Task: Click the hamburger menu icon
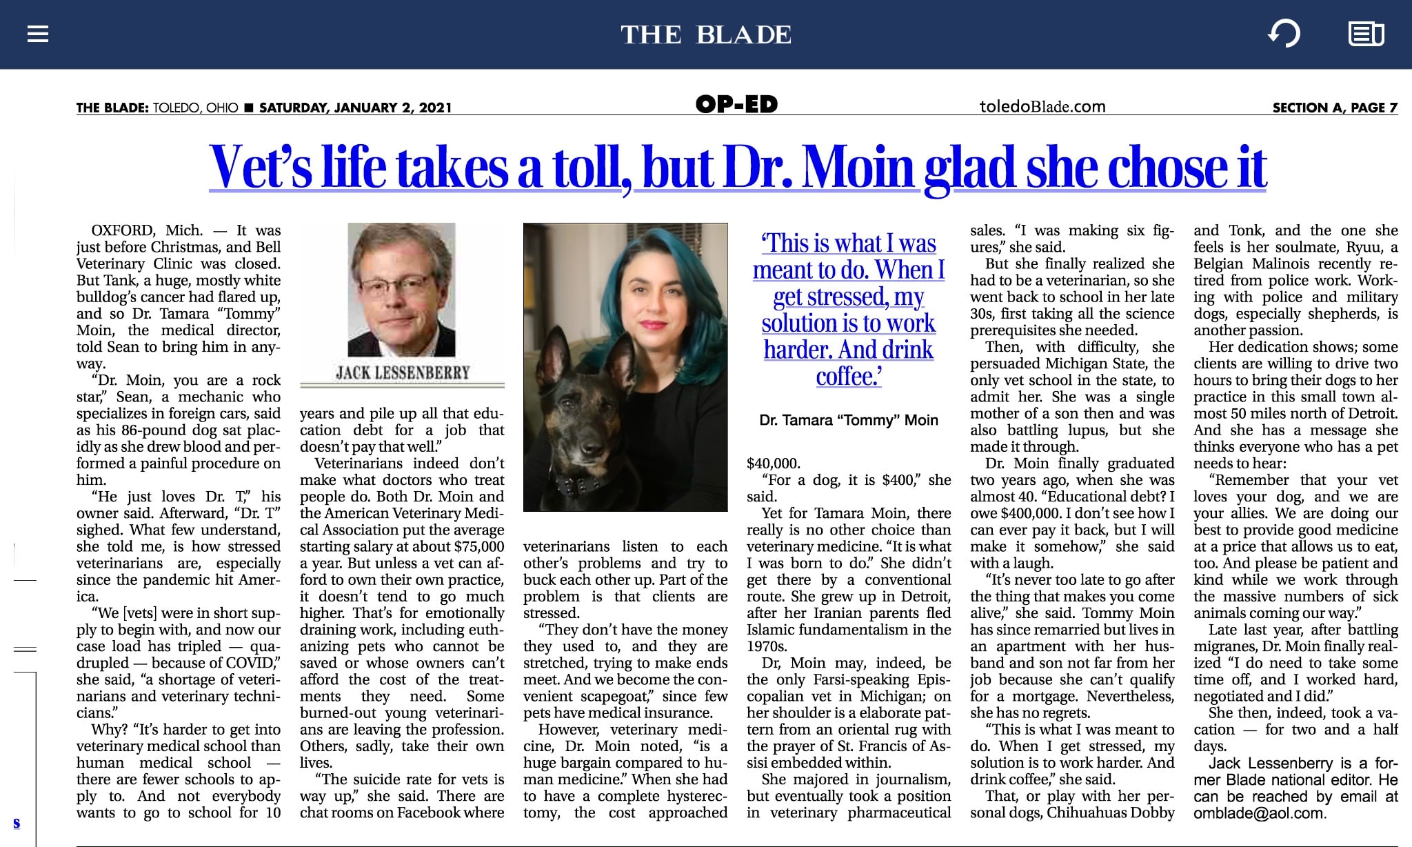click(x=38, y=34)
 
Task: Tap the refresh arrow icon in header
click(x=1284, y=34)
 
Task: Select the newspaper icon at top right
click(x=1366, y=34)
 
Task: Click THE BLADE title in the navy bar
click(x=706, y=34)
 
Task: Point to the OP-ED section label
click(x=736, y=105)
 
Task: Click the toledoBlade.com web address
click(x=1042, y=106)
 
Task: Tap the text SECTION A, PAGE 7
click(x=1335, y=108)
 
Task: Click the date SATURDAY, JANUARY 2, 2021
click(x=356, y=108)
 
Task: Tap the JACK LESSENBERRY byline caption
click(x=403, y=373)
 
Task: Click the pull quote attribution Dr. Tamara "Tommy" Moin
click(x=849, y=420)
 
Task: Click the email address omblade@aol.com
click(x=1259, y=813)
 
